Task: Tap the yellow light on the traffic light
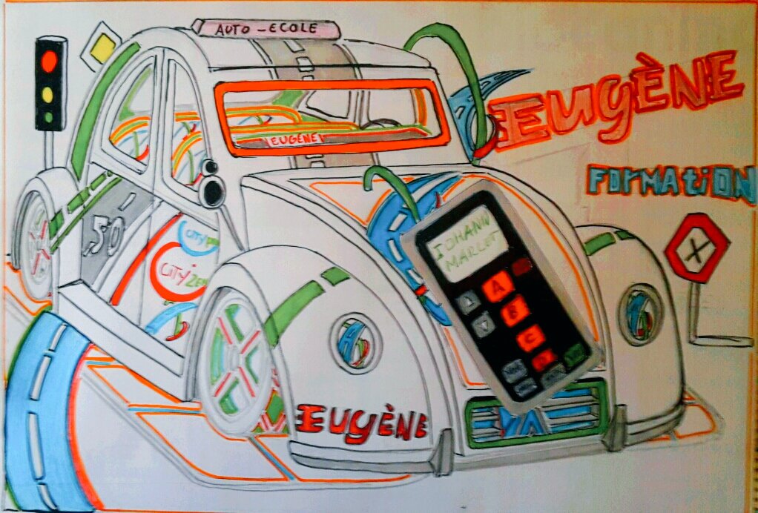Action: click(x=49, y=93)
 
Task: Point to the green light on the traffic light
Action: click(x=49, y=116)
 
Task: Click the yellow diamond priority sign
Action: click(x=102, y=49)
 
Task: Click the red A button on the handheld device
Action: click(x=498, y=285)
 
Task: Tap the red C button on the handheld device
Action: click(x=530, y=338)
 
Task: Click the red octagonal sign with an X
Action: click(x=696, y=248)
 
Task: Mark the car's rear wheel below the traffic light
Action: click(x=34, y=245)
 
